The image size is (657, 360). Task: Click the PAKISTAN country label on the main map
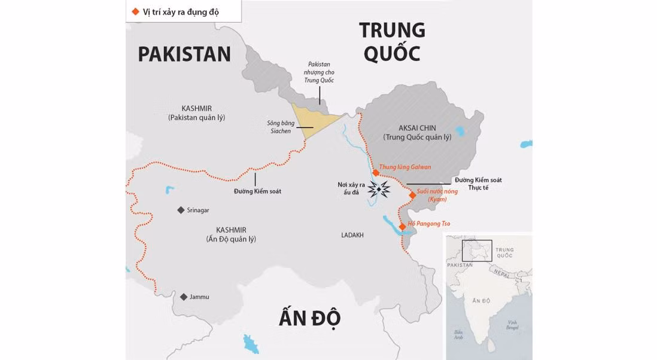click(184, 54)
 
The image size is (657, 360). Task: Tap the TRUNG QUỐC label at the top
click(392, 41)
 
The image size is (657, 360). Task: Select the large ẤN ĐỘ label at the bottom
click(309, 318)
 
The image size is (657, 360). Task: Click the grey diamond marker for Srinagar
click(181, 210)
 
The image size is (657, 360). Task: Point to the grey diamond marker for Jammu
click(183, 297)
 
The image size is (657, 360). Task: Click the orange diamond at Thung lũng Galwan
click(375, 173)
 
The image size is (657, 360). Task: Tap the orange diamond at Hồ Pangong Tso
click(403, 226)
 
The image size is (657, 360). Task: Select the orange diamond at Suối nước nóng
click(412, 195)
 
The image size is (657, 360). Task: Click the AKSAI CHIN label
click(417, 128)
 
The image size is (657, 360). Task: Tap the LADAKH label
click(352, 235)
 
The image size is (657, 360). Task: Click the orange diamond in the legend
click(135, 11)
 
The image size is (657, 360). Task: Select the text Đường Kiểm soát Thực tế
click(477, 184)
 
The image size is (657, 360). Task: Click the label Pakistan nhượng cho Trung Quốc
click(319, 72)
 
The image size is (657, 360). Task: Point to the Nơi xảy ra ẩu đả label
click(351, 188)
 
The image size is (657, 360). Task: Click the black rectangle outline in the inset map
click(477, 251)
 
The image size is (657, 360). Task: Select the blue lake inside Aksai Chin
click(461, 131)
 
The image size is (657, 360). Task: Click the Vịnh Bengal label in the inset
click(512, 325)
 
